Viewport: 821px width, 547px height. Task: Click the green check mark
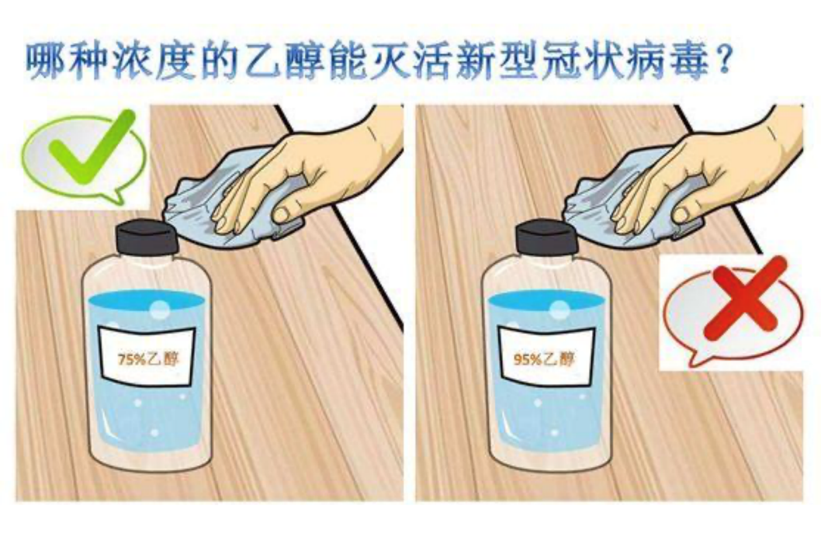(x=89, y=149)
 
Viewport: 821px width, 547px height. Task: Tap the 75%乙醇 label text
(x=148, y=359)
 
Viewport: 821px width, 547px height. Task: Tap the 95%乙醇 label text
(x=544, y=359)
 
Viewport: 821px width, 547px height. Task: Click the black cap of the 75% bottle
(x=147, y=238)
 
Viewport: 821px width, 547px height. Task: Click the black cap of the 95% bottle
(x=546, y=238)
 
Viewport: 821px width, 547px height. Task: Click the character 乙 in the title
(x=266, y=62)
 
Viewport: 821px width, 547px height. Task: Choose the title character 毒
(x=689, y=62)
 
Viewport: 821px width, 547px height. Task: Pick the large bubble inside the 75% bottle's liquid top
(x=160, y=310)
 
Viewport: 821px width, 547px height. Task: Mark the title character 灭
(x=392, y=62)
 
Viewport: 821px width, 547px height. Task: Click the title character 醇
(x=307, y=62)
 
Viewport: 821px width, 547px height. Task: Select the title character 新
(x=476, y=62)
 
